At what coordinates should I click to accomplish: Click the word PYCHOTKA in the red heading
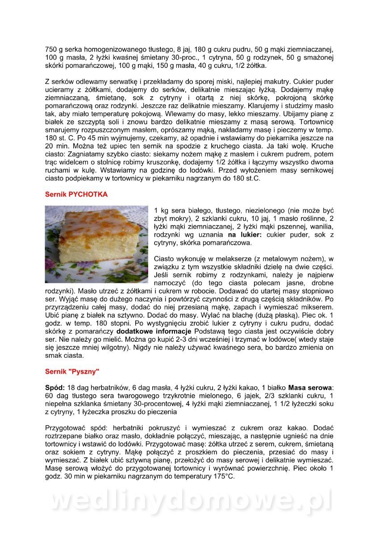point(87,195)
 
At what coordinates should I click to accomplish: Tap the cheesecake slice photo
point(96,244)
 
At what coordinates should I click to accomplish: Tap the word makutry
point(320,82)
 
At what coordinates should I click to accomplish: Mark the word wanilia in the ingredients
point(321,227)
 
